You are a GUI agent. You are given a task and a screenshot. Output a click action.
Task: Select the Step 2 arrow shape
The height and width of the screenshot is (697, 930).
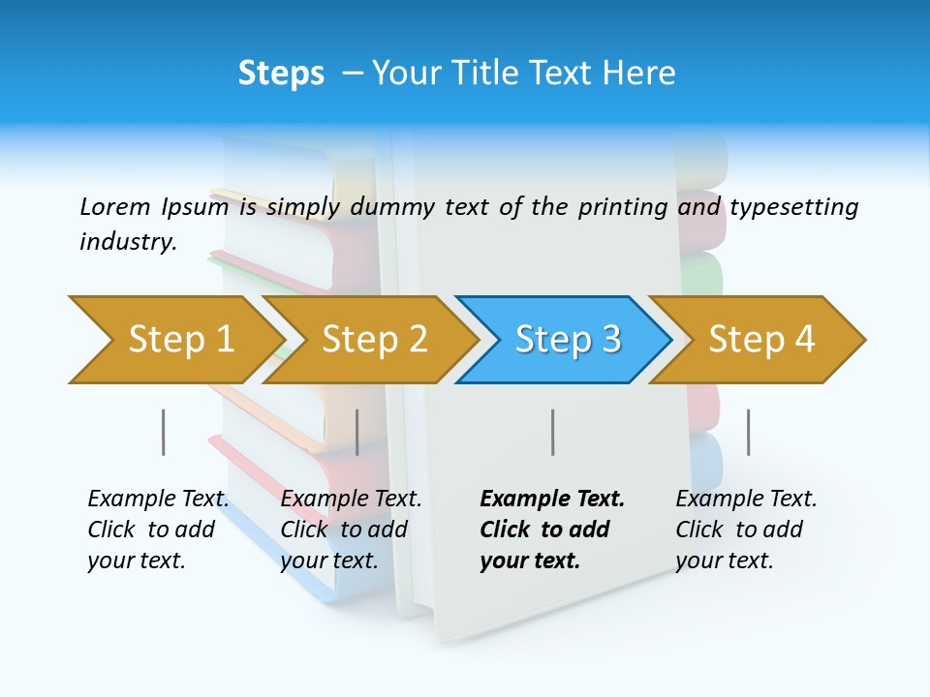[373, 339]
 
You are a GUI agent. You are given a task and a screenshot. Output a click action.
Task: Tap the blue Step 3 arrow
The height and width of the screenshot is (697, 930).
[567, 339]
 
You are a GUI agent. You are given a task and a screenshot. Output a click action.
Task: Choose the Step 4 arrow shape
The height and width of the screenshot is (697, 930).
[760, 339]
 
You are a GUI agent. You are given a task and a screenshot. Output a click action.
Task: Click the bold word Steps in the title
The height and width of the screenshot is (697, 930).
[281, 74]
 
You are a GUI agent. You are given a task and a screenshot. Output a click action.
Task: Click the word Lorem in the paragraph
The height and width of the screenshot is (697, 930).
[115, 206]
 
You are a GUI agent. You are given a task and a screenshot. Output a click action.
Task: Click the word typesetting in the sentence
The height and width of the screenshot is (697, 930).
[793, 207]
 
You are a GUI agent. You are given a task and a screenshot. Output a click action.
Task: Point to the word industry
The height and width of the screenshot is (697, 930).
[128, 242]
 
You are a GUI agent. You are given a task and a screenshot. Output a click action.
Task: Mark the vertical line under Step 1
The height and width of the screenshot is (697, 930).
[164, 432]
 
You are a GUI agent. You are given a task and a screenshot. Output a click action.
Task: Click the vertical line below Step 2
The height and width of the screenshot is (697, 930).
[357, 432]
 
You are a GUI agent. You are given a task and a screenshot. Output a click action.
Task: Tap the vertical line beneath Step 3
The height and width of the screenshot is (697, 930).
[552, 432]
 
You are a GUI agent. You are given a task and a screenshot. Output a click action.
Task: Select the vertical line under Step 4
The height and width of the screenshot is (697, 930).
[748, 432]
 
